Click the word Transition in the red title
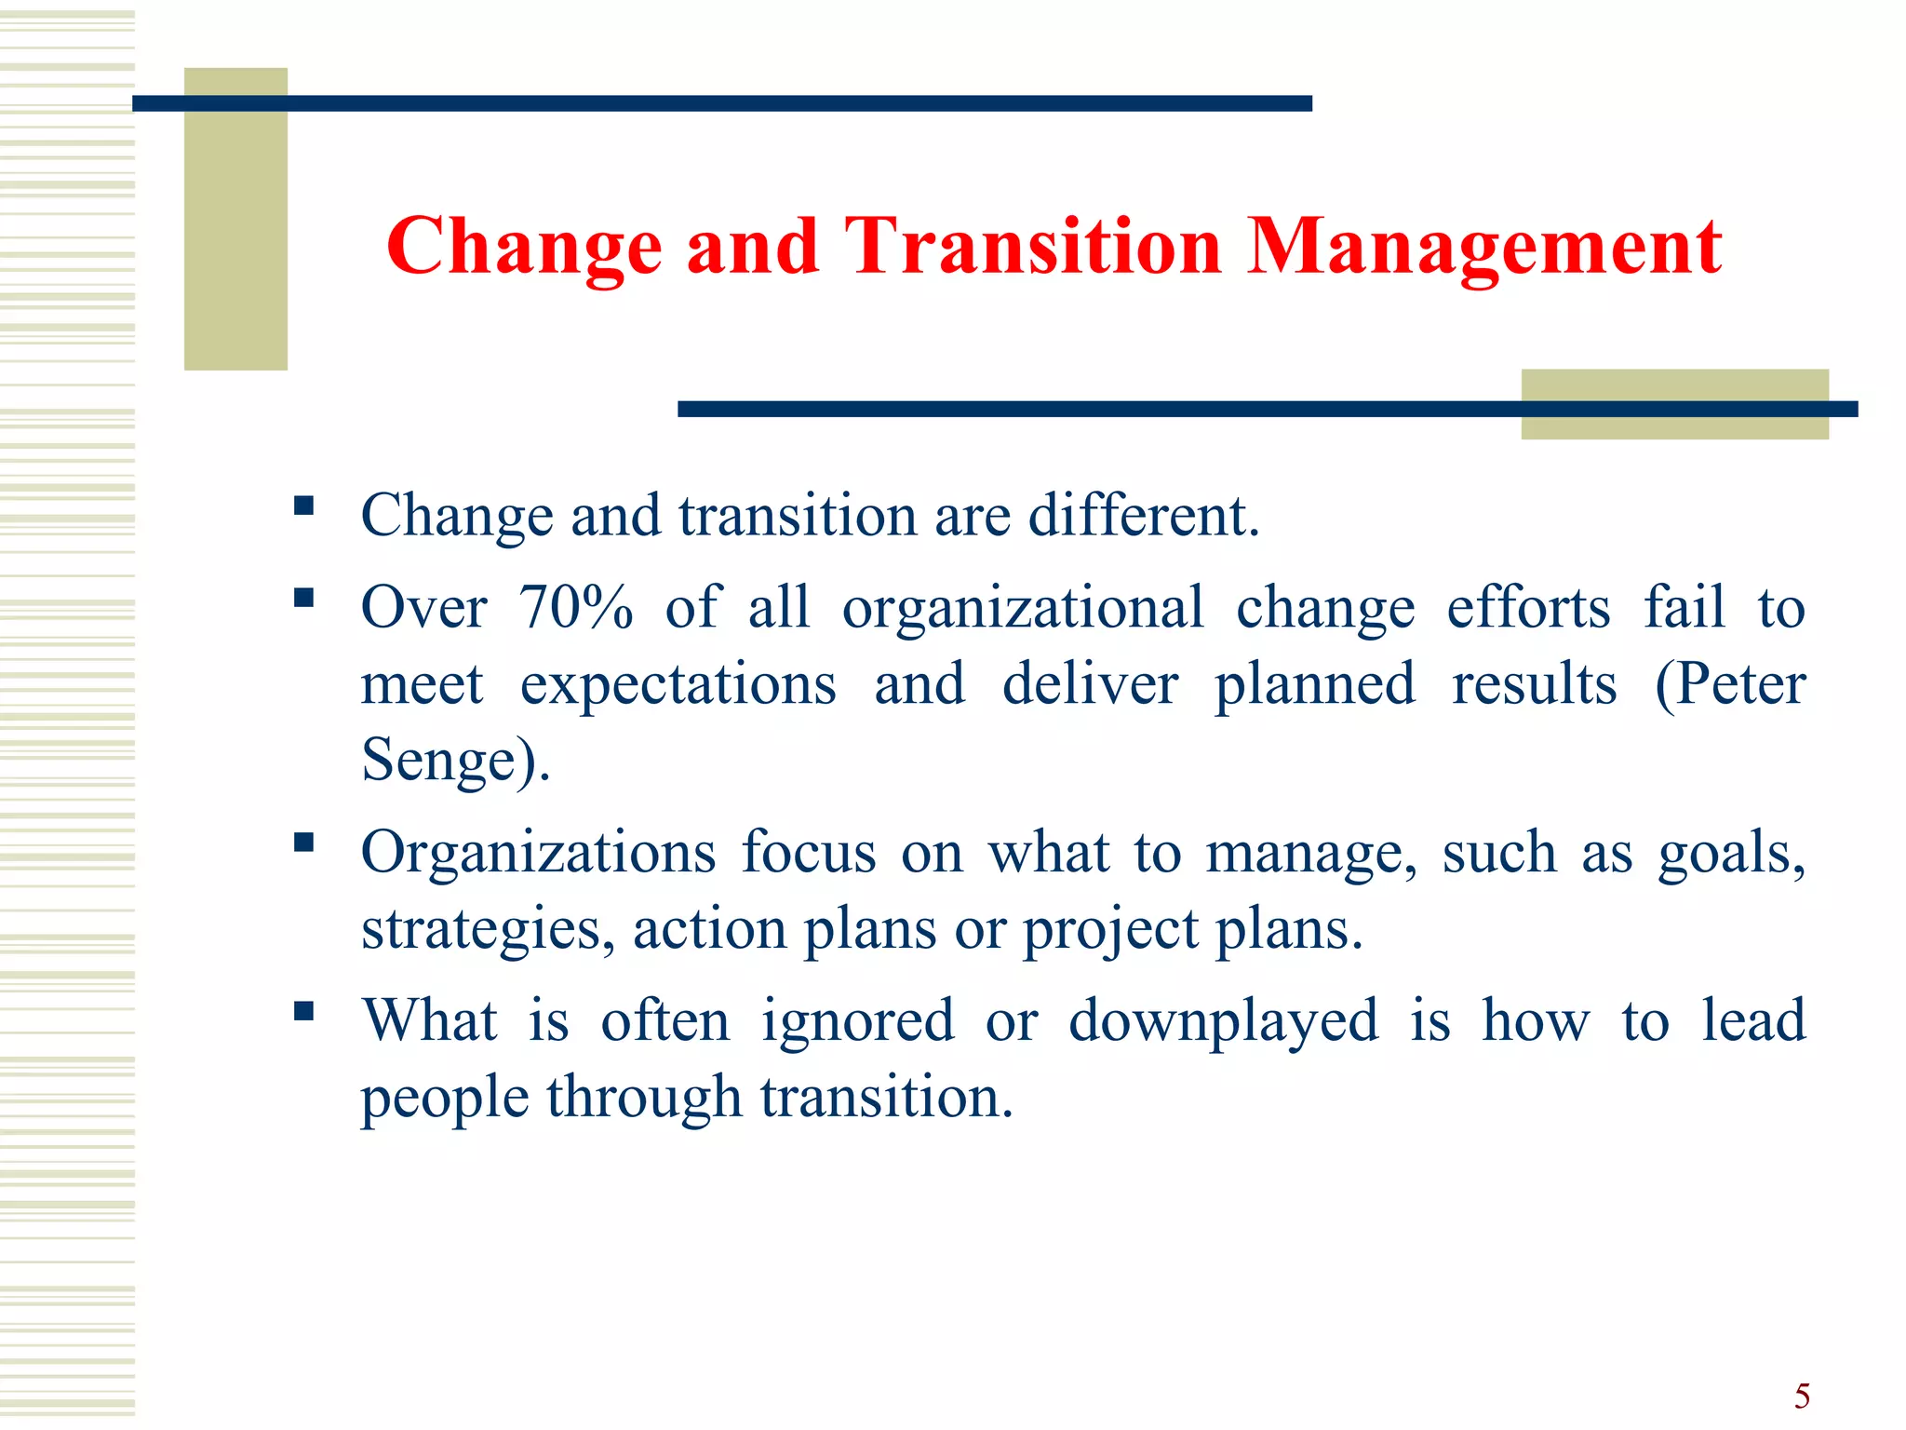(x=1033, y=247)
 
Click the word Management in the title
(x=1483, y=247)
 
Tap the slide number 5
(x=1802, y=1396)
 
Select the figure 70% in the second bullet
(x=576, y=608)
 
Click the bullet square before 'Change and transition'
(x=303, y=506)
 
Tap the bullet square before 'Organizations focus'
(x=303, y=843)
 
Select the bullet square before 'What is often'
(x=303, y=1011)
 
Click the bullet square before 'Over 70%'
(x=303, y=598)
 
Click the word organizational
(x=1023, y=608)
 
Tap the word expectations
(x=678, y=684)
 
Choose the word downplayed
(x=1223, y=1021)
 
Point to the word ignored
(x=857, y=1021)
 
